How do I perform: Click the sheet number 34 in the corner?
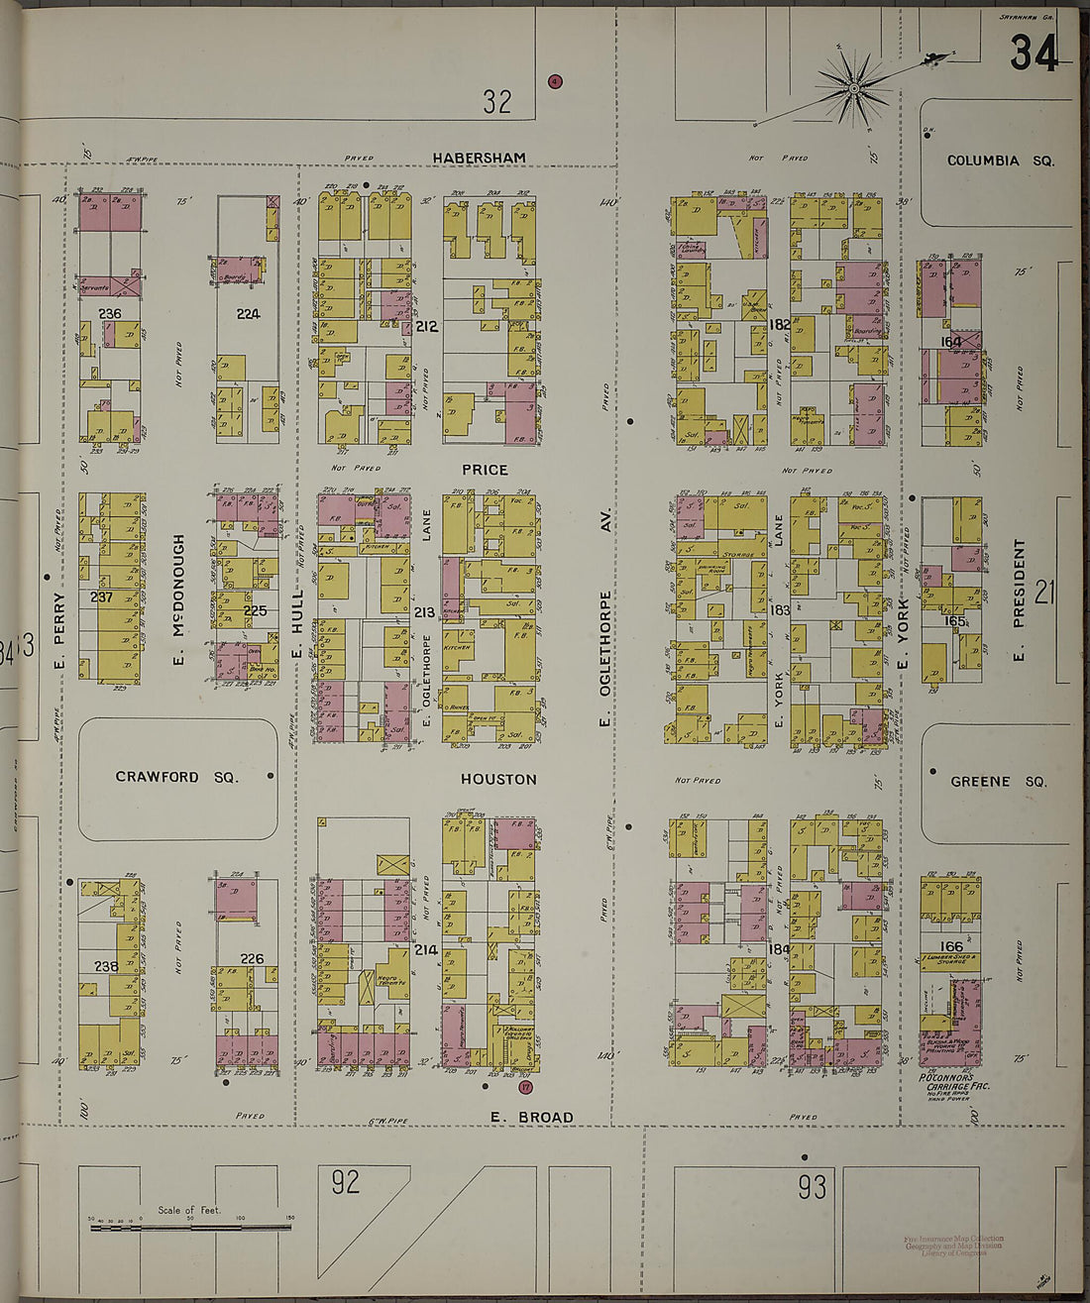click(x=1034, y=53)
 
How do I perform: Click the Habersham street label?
click(x=479, y=158)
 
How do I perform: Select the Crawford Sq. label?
click(x=177, y=777)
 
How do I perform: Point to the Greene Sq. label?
click(x=998, y=781)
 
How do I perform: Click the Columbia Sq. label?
click(x=1000, y=161)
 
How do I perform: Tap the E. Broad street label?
click(x=532, y=1117)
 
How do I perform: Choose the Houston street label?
click(x=498, y=780)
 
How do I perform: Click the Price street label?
click(x=485, y=470)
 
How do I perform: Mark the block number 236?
click(x=110, y=313)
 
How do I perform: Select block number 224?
click(x=248, y=313)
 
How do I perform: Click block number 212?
click(x=427, y=325)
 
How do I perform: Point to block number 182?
click(x=779, y=324)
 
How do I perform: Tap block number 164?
click(x=951, y=343)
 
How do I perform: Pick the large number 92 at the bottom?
click(x=345, y=1181)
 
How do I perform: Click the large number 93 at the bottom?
click(x=812, y=1186)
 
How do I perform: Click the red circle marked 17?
click(x=525, y=1087)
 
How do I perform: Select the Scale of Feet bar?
click(x=190, y=1228)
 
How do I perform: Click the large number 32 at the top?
click(x=497, y=100)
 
